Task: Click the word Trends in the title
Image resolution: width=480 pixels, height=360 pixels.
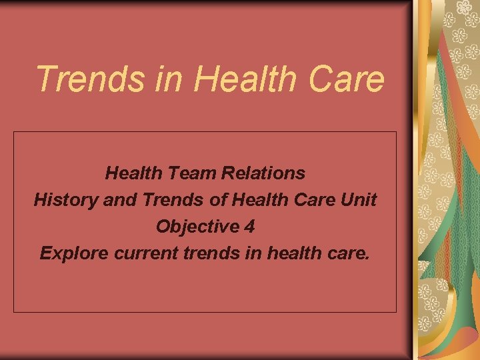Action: tap(91, 79)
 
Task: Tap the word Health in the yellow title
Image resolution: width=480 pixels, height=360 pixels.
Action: tap(244, 79)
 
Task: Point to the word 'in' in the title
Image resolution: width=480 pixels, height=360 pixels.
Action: tap(169, 79)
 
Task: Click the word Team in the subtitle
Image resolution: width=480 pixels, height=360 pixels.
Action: tap(193, 173)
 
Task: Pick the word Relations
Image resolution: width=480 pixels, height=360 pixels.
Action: tap(263, 173)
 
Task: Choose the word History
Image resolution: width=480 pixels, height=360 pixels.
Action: tap(66, 200)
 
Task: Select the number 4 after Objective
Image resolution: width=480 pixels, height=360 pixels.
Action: tap(249, 227)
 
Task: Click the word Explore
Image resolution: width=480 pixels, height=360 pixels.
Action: tap(75, 254)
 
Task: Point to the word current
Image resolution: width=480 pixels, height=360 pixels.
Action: tap(146, 253)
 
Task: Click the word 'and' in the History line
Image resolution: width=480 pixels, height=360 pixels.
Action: tap(120, 199)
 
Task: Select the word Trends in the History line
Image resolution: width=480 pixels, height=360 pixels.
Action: tap(173, 199)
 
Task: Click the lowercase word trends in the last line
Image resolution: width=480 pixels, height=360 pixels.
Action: tap(212, 253)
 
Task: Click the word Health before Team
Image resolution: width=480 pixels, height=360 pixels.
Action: tap(134, 173)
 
